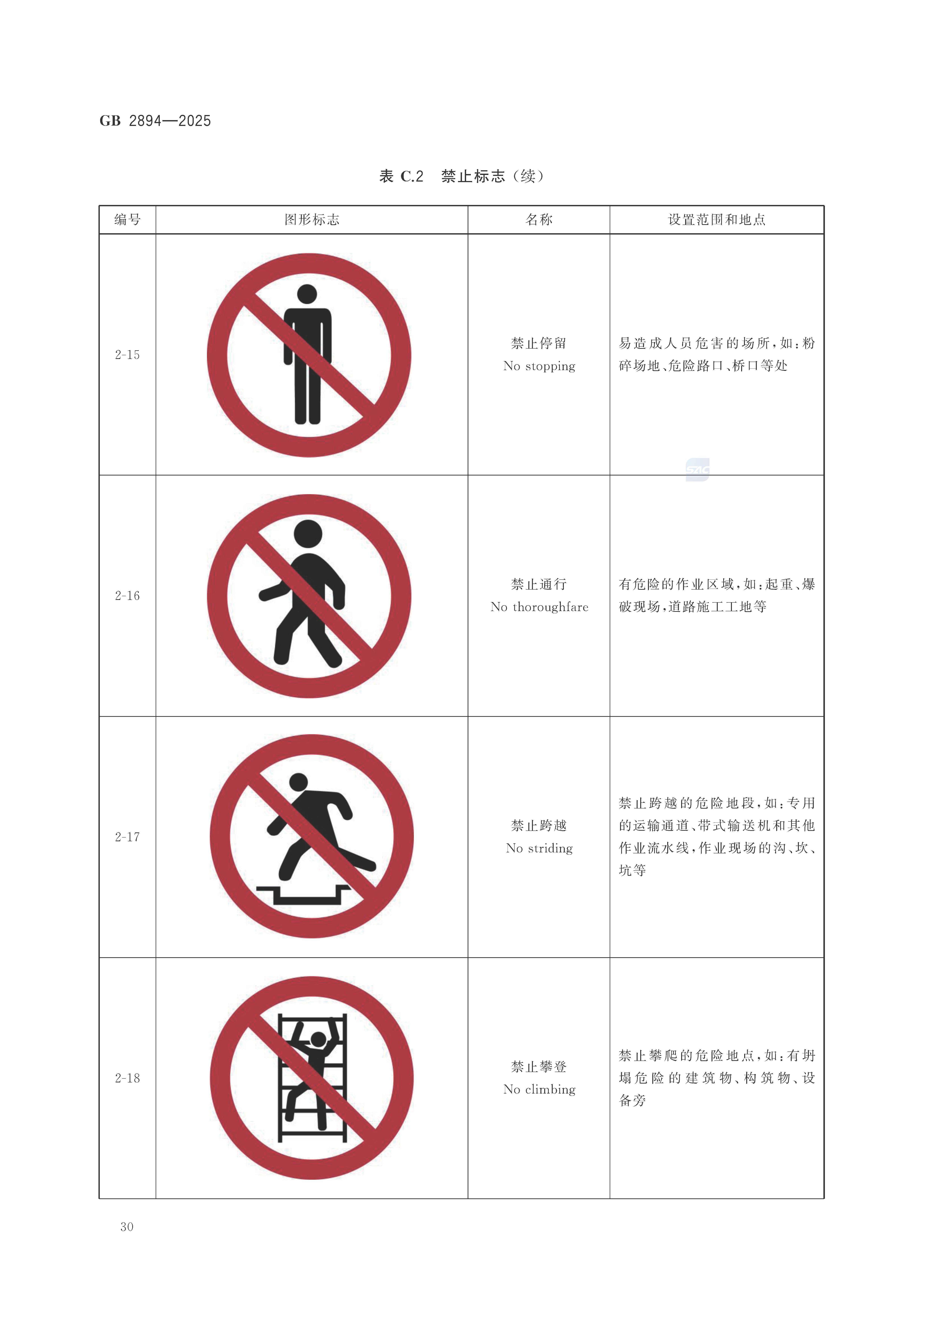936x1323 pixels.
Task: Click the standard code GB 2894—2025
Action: pos(155,121)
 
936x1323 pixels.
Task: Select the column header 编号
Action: pos(127,219)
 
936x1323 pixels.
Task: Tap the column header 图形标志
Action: pos(312,219)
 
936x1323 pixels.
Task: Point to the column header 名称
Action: pos(539,219)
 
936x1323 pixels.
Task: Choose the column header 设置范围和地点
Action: pos(716,219)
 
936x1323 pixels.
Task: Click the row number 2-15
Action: pos(127,355)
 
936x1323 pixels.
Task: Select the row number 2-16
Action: pos(127,596)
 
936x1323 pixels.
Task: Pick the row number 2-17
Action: pos(127,837)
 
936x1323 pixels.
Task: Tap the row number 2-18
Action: pos(127,1078)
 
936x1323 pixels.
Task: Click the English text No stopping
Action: pos(539,366)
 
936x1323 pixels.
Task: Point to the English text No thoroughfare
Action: pos(539,607)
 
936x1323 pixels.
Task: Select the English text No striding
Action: pos(539,848)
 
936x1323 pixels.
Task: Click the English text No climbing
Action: pos(539,1089)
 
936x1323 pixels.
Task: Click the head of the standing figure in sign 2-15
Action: pos(307,294)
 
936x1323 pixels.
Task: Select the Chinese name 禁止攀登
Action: pos(539,1067)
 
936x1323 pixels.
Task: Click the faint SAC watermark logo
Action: pos(697,470)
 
